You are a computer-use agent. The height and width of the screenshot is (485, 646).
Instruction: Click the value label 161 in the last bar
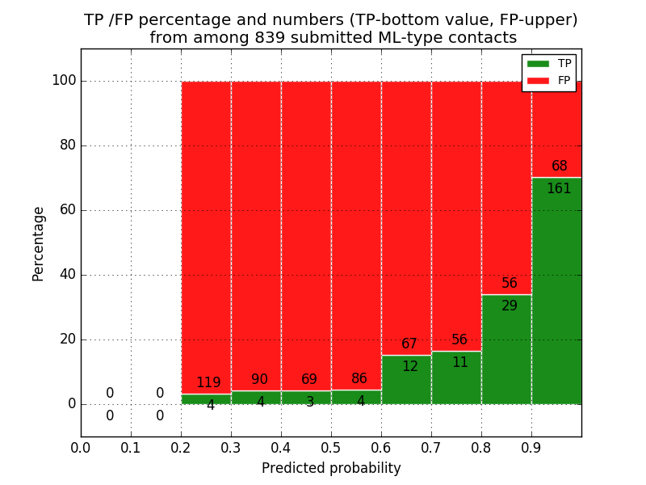pyautogui.click(x=559, y=189)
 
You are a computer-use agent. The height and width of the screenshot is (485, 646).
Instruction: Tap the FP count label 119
pyautogui.click(x=208, y=383)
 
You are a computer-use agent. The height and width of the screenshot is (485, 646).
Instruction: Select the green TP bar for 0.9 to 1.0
pyautogui.click(x=556, y=299)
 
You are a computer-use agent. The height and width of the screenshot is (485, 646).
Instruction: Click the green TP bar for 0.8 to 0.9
pyautogui.click(x=506, y=356)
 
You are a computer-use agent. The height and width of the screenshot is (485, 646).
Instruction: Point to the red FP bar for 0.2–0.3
pyautogui.click(x=206, y=226)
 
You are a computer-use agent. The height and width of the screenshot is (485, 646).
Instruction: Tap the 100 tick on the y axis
pyautogui.click(x=64, y=81)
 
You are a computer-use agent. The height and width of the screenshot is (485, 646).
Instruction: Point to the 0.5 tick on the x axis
pyautogui.click(x=331, y=447)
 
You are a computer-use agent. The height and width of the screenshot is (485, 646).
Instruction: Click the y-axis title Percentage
pyautogui.click(x=38, y=243)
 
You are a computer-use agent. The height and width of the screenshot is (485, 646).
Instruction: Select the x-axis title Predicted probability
pyautogui.click(x=331, y=468)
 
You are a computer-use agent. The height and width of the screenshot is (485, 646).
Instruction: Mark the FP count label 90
pyautogui.click(x=259, y=380)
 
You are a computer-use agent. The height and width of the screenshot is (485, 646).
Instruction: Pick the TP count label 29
pyautogui.click(x=510, y=306)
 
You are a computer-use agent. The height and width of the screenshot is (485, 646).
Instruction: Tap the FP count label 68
pyautogui.click(x=560, y=167)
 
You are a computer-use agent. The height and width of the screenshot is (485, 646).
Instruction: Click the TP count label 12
pyautogui.click(x=410, y=367)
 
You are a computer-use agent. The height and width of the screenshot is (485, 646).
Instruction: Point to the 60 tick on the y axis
pyautogui.click(x=68, y=210)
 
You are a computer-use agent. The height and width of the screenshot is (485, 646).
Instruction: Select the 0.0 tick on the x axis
pyautogui.click(x=81, y=447)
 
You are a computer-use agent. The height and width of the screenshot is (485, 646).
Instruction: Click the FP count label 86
pyautogui.click(x=359, y=378)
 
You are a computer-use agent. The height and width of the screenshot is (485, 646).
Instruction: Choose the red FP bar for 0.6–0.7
pyautogui.click(x=406, y=202)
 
